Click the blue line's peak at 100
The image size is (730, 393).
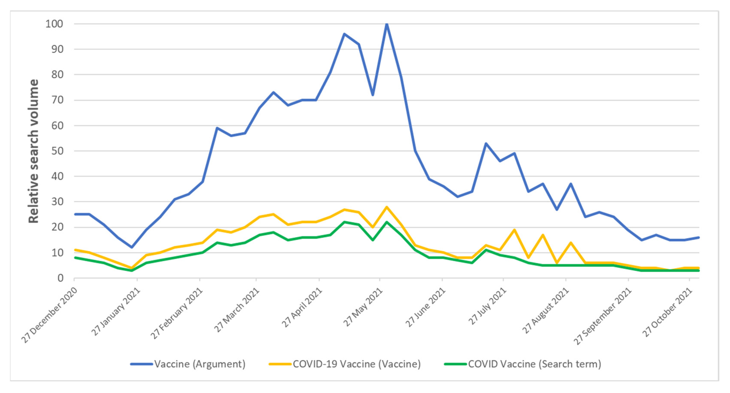coord(387,24)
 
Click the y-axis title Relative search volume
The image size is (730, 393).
coord(33,151)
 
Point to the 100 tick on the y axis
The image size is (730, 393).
coord(54,24)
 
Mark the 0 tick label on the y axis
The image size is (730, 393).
coord(60,278)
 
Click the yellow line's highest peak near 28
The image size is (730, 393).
coord(387,207)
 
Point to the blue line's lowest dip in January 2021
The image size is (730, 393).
coord(132,247)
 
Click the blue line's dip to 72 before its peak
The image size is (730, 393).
coord(373,95)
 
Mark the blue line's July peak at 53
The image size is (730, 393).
coord(486,143)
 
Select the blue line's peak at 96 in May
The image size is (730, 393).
coord(344,34)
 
